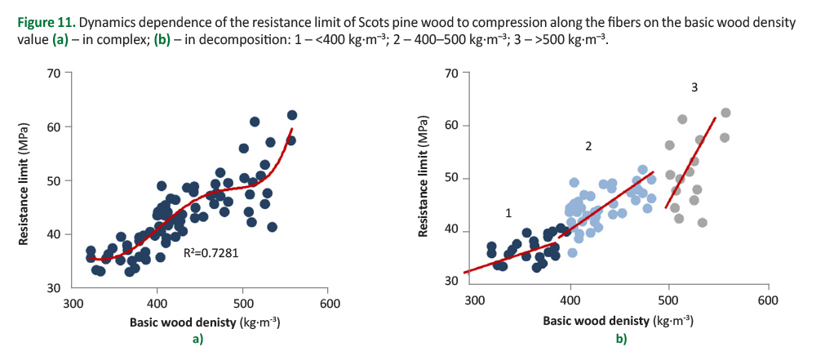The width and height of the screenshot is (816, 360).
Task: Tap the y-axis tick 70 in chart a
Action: [54, 73]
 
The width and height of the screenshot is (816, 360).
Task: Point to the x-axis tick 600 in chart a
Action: [330, 303]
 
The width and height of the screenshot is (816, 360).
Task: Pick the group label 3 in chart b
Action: [694, 87]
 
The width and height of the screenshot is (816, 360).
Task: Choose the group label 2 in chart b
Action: [587, 146]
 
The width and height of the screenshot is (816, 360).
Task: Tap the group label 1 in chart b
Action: [508, 213]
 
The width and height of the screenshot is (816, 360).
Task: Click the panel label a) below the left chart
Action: [197, 339]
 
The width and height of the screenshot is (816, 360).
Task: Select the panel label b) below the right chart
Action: [621, 339]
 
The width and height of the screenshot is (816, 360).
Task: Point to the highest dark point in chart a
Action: [292, 115]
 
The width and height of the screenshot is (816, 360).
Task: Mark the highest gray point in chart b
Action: [725, 113]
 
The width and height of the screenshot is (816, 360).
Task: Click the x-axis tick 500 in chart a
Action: [242, 303]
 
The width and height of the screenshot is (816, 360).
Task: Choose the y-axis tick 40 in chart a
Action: [54, 234]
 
